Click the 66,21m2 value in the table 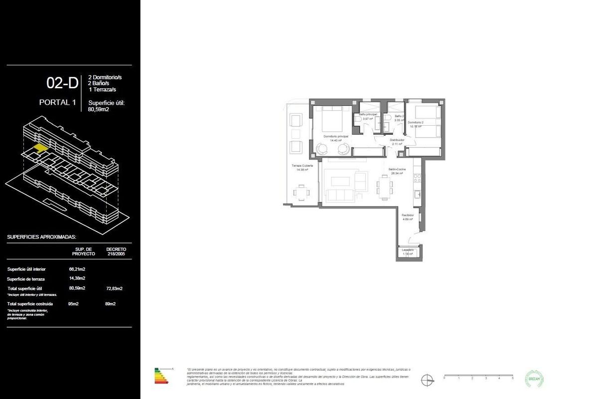tap(77, 269)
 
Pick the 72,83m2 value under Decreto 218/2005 tap(114, 288)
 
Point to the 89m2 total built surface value tap(111, 304)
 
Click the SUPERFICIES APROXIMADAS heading tap(41, 237)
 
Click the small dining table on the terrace tap(301, 192)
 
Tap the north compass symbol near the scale tap(427, 380)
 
